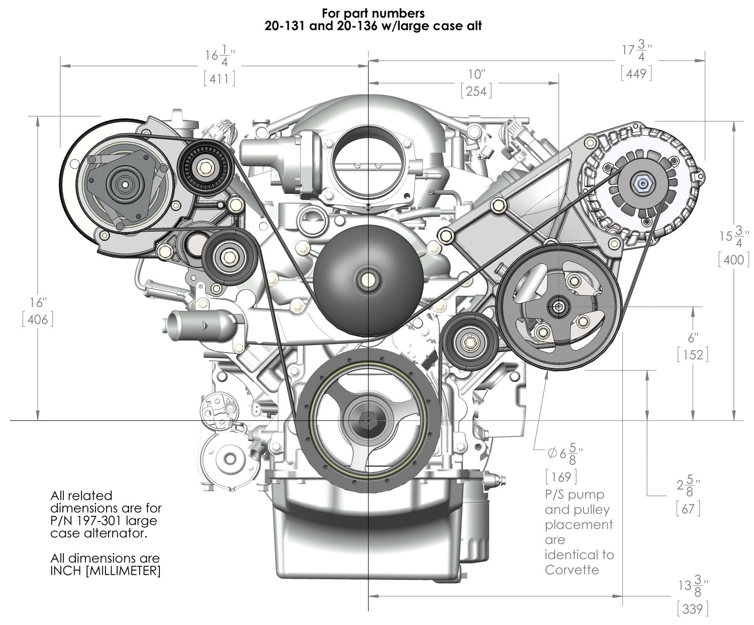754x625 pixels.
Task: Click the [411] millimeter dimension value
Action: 220,78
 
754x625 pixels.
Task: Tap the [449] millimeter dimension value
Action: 636,74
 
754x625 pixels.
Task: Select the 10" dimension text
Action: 476,74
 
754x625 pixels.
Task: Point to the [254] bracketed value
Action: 476,91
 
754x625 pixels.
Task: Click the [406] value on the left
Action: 38,319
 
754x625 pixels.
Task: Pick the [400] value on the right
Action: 734,259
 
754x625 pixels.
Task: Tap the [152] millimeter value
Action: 693,354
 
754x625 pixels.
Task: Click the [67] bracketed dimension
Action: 688,508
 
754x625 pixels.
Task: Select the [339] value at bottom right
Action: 693,609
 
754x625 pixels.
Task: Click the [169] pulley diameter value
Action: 561,476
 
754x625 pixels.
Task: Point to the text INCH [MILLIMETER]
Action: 106,571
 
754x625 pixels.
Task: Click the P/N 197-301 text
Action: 90,521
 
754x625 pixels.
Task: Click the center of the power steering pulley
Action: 558,305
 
